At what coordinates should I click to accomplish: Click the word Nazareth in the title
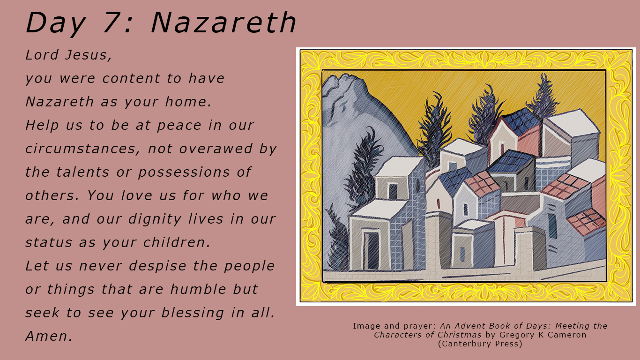(x=223, y=23)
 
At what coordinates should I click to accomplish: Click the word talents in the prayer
(x=83, y=172)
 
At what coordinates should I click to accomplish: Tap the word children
(x=177, y=242)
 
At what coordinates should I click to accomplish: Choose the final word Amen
(x=49, y=336)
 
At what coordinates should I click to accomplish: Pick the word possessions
(x=184, y=172)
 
